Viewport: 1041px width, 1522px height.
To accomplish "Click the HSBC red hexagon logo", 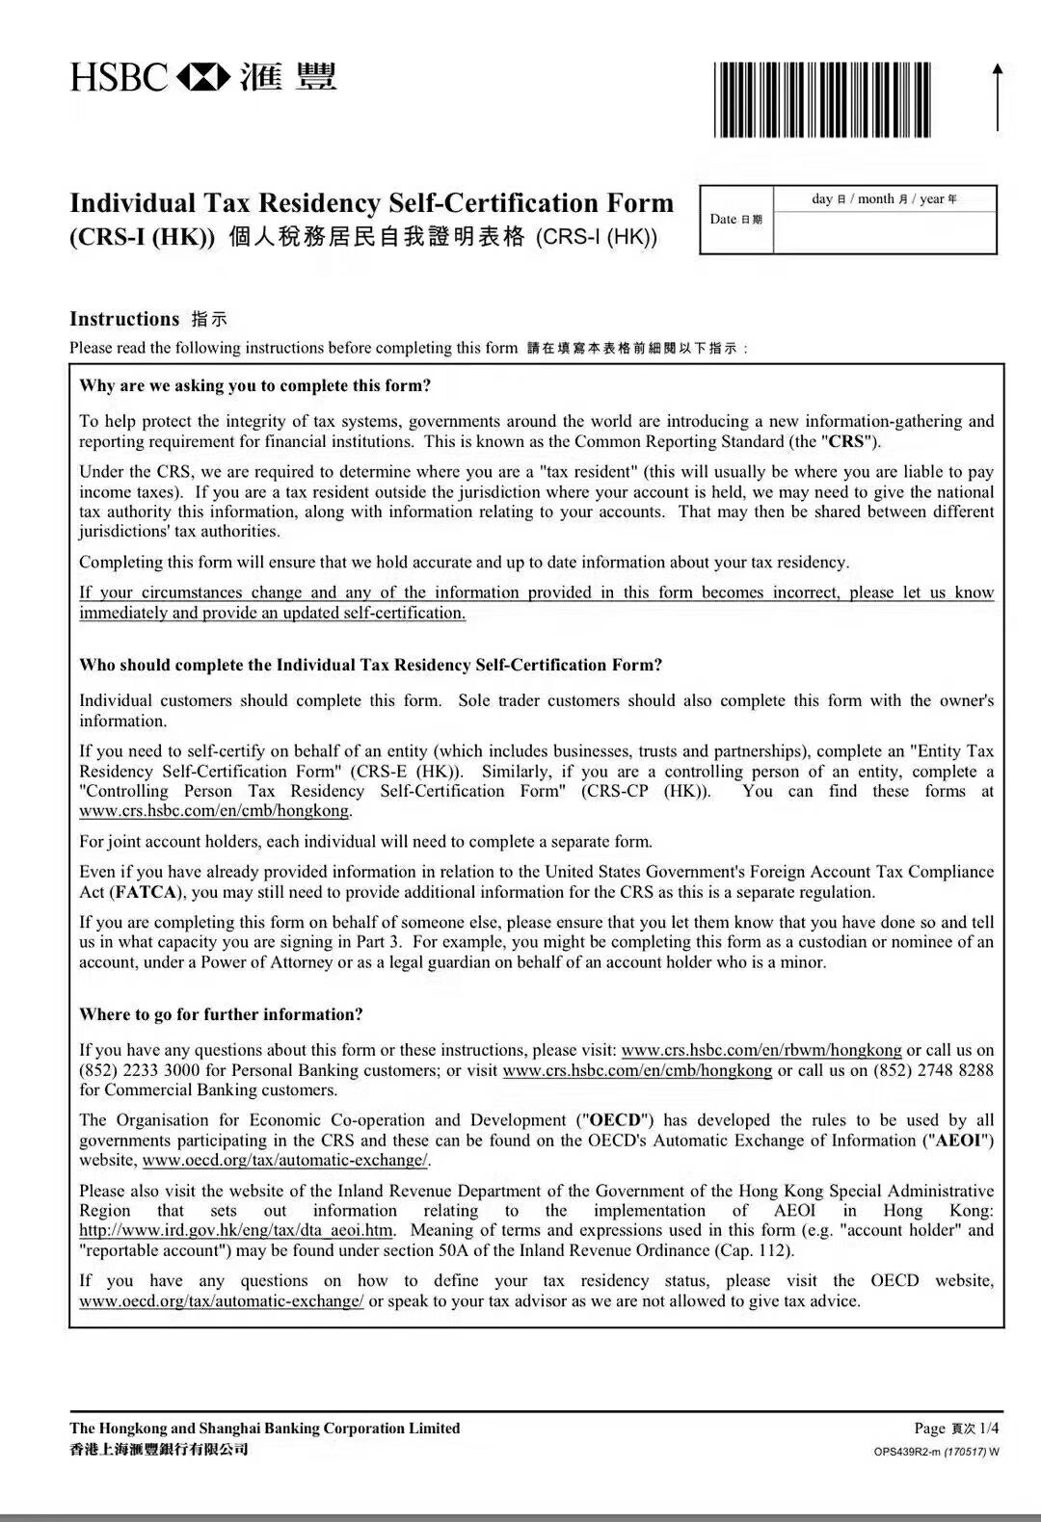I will coord(203,75).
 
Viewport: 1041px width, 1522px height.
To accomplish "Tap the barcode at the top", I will coord(823,99).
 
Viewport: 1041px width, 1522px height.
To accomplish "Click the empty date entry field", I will coord(884,232).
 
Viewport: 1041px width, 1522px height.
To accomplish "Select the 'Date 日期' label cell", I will coord(736,220).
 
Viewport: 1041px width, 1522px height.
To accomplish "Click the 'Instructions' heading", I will coord(124,319).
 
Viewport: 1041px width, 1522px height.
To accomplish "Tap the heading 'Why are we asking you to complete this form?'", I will coord(255,385).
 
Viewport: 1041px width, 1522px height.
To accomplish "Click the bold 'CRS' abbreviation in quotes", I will coord(847,442).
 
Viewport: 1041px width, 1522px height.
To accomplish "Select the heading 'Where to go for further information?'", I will coord(221,1014).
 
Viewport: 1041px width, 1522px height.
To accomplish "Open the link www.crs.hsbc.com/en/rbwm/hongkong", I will coord(761,1050).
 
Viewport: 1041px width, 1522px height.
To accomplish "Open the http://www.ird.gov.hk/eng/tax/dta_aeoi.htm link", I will coord(236,1230).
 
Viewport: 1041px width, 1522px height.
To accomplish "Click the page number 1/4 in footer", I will coord(988,1428).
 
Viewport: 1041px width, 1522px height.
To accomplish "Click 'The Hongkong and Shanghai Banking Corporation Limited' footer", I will coord(265,1428).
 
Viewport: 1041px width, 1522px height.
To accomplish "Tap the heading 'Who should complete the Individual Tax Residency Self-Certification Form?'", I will coord(371,665).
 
